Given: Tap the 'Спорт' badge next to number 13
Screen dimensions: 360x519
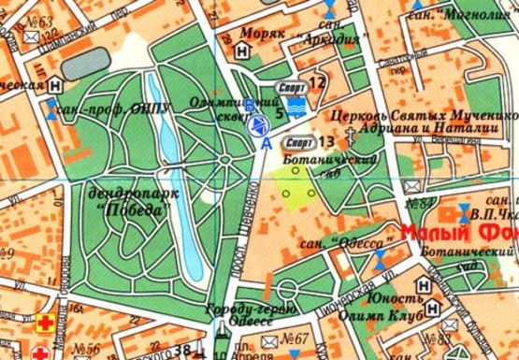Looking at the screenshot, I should click(x=299, y=142).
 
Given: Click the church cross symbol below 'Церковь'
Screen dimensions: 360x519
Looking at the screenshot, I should click(x=350, y=137).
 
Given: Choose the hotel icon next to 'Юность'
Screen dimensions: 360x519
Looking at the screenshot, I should click(x=431, y=307).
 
